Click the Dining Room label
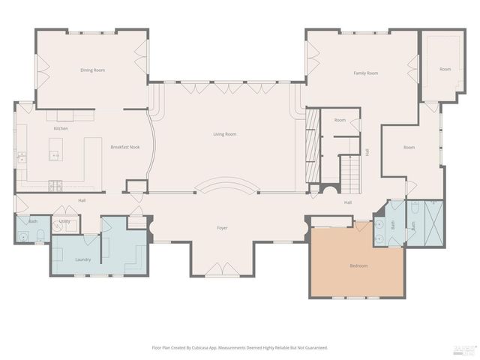coord(92,70)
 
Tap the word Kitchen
coord(61,128)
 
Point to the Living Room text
coord(224,133)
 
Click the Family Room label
coord(365,73)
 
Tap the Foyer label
coord(222,227)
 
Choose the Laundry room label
coord(82,259)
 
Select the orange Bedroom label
coord(358,265)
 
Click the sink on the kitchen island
coord(55,155)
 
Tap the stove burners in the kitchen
coord(55,185)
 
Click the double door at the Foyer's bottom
coord(223,269)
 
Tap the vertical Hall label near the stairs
coord(367,151)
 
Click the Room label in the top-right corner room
coord(445,69)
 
